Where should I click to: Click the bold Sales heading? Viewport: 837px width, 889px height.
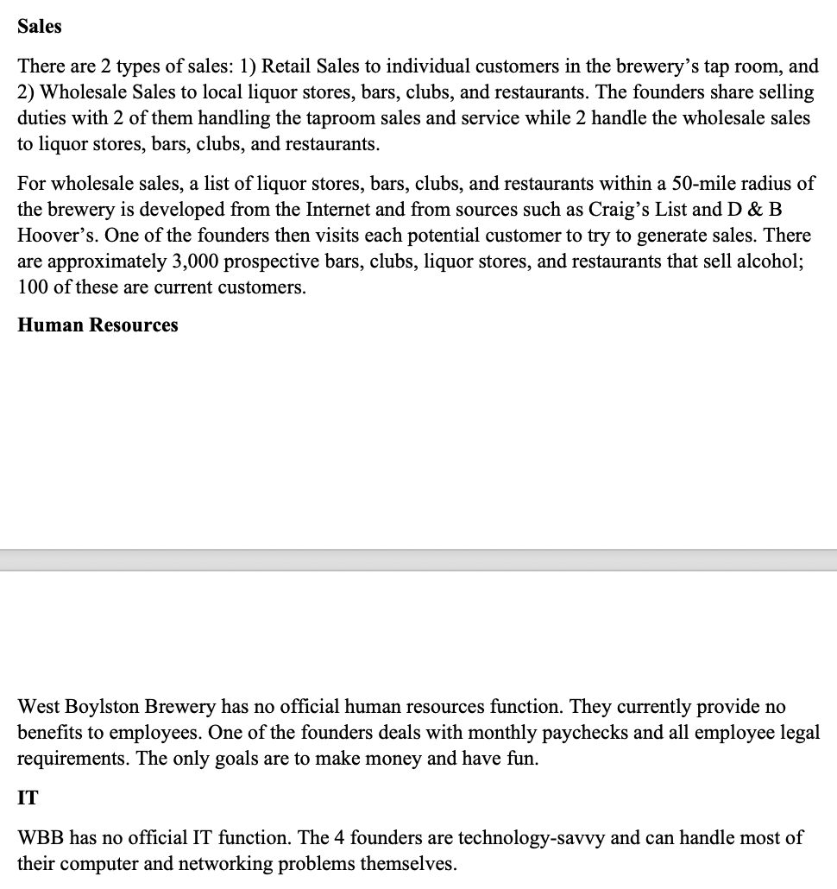tap(40, 26)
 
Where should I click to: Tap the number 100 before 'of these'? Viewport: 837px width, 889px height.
tap(33, 287)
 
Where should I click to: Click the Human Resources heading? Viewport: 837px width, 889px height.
tap(98, 325)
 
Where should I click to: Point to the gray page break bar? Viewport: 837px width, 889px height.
tap(418, 559)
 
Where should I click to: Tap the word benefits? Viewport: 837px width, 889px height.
tap(51, 733)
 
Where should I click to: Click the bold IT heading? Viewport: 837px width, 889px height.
tap(28, 798)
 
